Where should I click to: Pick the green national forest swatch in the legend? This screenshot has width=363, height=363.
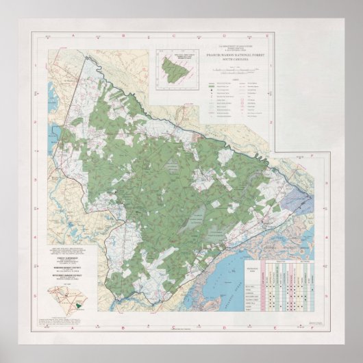click(212, 88)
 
